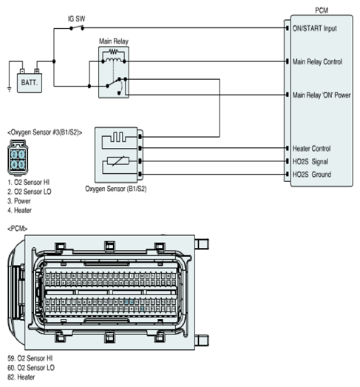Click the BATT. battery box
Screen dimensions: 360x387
pos(30,83)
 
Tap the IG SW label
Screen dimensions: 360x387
pos(76,18)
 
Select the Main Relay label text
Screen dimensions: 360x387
pos(114,41)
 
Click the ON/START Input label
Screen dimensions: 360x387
pos(314,28)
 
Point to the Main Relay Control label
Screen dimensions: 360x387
pos(317,61)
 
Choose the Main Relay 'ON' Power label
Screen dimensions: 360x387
pos(322,95)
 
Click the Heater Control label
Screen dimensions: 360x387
pos(311,149)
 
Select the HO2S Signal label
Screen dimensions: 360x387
pos(310,161)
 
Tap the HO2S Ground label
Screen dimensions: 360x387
pos(312,175)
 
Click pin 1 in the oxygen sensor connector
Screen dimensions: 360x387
pos(21,155)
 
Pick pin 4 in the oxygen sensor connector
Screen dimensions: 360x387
pos(14,164)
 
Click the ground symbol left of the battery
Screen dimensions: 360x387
pos(10,90)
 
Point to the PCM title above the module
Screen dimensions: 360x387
pos(322,10)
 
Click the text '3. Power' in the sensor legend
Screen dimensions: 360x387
pos(19,201)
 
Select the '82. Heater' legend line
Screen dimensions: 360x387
pos(21,377)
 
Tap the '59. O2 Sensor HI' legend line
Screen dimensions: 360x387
pos(30,358)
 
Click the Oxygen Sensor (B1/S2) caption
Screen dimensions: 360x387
pos(115,189)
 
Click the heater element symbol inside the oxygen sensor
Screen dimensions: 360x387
pos(118,137)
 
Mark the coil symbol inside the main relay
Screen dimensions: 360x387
pos(113,59)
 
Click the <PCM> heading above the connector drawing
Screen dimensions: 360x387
pos(17,229)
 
